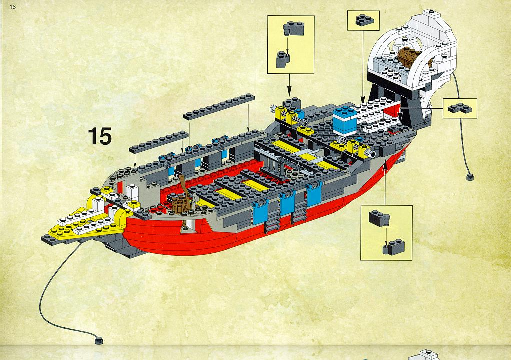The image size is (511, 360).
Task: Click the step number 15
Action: tap(100, 136)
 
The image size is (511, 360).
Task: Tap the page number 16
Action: tap(13, 7)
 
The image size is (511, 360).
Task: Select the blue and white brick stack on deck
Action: tap(345, 121)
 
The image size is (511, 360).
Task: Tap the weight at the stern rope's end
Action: tap(470, 177)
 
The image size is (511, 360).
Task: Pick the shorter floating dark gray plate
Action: tap(158, 142)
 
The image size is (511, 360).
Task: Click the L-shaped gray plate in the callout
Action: tap(460, 108)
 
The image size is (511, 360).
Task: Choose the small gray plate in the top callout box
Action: tap(365, 20)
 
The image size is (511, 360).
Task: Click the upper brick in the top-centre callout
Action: tap(294, 29)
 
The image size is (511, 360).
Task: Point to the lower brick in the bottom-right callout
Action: tap(394, 247)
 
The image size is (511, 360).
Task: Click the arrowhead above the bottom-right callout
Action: tap(385, 166)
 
